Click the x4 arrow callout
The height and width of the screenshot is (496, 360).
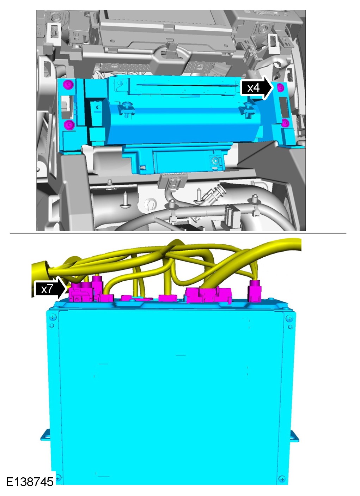(257, 88)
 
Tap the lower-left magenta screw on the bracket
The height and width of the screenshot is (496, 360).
(69, 125)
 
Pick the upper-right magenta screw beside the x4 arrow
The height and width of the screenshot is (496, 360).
(280, 88)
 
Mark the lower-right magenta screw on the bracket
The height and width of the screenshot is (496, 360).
(285, 123)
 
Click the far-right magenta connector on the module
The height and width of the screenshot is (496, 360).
(255, 291)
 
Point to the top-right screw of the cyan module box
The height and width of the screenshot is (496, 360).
(289, 319)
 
